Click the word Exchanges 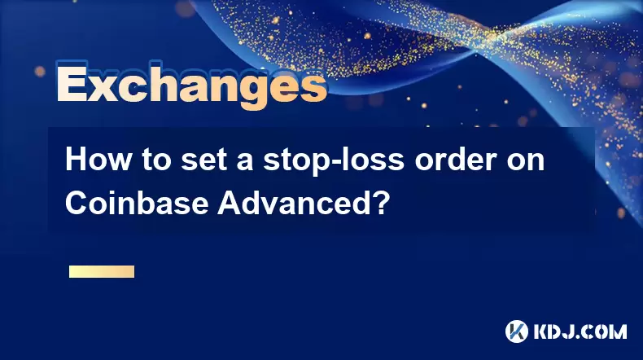(192, 86)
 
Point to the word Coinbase (137, 202)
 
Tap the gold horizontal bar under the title (102, 271)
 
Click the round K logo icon (516, 331)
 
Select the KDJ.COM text (580, 332)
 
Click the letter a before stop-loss (245, 163)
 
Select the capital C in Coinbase (77, 202)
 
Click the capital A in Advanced (230, 202)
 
